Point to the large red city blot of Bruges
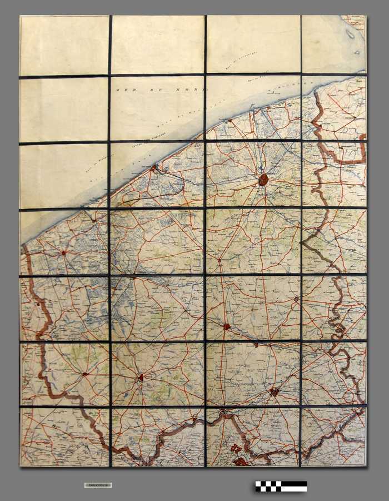pos(263,180)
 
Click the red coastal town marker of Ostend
pos(154,166)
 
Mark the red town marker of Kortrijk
pos(274,392)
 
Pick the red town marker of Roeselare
pos(227,327)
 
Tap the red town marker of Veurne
pos(63,252)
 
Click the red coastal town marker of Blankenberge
pos(230,120)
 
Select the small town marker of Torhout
pos(220,259)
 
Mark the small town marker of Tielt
pos(296,299)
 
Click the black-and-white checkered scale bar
pos(281,486)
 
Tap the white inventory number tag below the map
pos(98,485)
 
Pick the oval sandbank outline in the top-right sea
pos(350,34)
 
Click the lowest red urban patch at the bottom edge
pos(240,461)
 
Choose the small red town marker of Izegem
pos(256,345)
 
